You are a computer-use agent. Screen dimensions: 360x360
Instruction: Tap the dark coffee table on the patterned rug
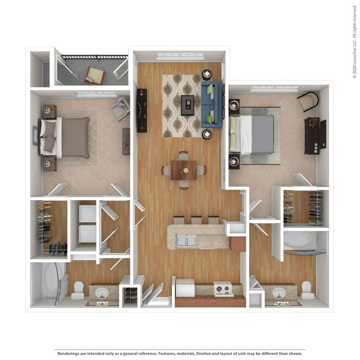click(x=187, y=105)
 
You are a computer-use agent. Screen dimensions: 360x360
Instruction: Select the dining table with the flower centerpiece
click(x=184, y=170)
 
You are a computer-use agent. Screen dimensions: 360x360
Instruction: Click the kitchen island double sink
click(x=186, y=241)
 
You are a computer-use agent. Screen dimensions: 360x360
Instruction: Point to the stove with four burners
click(x=223, y=289)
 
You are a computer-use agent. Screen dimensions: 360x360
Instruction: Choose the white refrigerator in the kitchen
click(x=185, y=288)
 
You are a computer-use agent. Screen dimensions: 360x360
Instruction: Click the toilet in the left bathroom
click(x=78, y=290)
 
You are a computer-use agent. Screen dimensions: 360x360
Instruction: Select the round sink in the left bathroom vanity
click(x=102, y=293)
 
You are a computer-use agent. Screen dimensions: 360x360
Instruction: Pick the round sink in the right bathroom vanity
click(x=279, y=293)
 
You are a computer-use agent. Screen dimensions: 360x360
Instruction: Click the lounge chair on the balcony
click(x=96, y=75)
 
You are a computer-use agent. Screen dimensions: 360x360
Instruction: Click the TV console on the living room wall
click(x=142, y=110)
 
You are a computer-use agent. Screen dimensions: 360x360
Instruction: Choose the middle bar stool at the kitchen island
click(x=196, y=220)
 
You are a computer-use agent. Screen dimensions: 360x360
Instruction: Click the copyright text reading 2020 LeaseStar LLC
click(x=354, y=42)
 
